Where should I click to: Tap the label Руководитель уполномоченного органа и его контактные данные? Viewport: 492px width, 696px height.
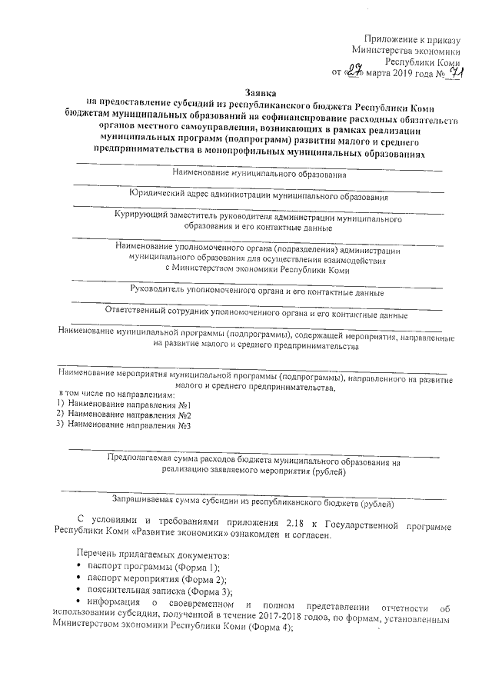tap(258, 293)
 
